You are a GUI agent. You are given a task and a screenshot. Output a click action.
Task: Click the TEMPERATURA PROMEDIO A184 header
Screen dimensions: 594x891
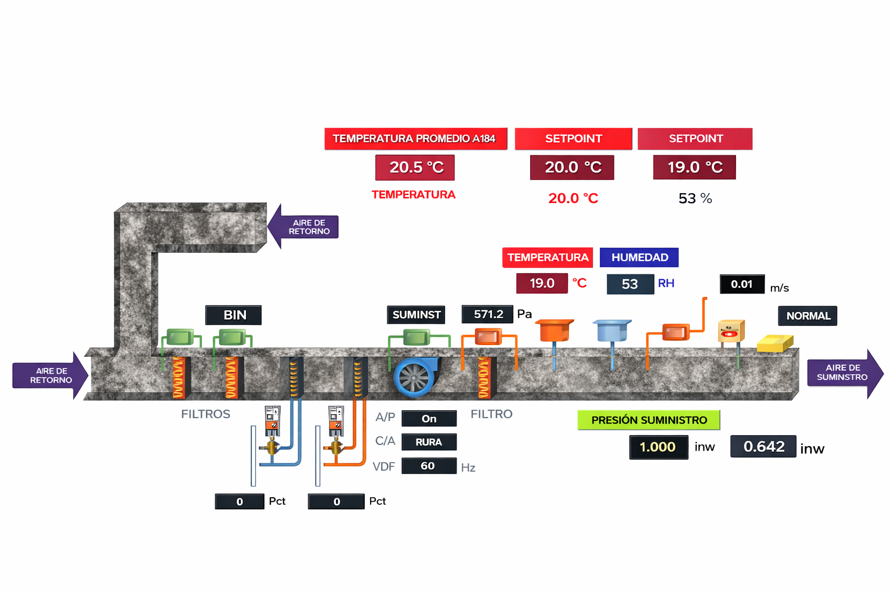point(415,139)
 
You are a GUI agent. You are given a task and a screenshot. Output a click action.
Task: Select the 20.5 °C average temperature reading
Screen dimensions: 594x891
point(415,168)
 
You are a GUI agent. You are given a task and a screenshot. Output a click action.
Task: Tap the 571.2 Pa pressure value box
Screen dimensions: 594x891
point(487,314)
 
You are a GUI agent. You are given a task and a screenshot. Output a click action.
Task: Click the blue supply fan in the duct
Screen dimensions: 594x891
point(414,377)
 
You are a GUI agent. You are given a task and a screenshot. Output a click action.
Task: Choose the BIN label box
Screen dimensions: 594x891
point(234,315)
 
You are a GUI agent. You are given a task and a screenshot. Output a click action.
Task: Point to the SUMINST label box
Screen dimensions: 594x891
point(416,315)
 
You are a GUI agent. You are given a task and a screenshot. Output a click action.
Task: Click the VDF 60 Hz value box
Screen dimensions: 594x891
point(428,466)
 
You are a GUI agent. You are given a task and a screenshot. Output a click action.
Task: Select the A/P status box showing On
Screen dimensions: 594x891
point(429,419)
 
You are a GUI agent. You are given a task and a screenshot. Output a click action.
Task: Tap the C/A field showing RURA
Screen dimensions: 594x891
point(429,442)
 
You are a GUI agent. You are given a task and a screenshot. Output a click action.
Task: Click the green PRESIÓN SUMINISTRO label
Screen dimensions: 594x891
point(649,420)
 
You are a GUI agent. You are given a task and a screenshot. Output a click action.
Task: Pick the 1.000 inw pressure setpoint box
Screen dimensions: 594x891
point(658,447)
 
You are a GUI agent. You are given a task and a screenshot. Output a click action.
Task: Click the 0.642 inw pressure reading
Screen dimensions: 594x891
point(763,447)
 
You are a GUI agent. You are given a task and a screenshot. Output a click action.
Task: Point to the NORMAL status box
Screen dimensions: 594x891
point(807,316)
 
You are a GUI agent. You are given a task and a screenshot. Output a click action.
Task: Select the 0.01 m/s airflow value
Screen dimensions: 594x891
point(742,284)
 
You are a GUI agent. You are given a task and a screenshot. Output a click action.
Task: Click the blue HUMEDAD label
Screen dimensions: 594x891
point(639,258)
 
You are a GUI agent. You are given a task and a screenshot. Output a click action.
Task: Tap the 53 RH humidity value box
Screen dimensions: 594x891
point(629,284)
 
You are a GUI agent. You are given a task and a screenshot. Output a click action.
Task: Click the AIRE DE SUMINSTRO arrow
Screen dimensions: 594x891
point(845,373)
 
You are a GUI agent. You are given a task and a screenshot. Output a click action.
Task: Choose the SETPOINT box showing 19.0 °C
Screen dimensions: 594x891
point(694,168)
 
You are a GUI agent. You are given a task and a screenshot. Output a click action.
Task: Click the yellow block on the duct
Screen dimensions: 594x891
point(774,343)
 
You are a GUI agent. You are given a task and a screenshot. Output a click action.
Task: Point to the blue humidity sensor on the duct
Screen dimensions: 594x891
point(613,331)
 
